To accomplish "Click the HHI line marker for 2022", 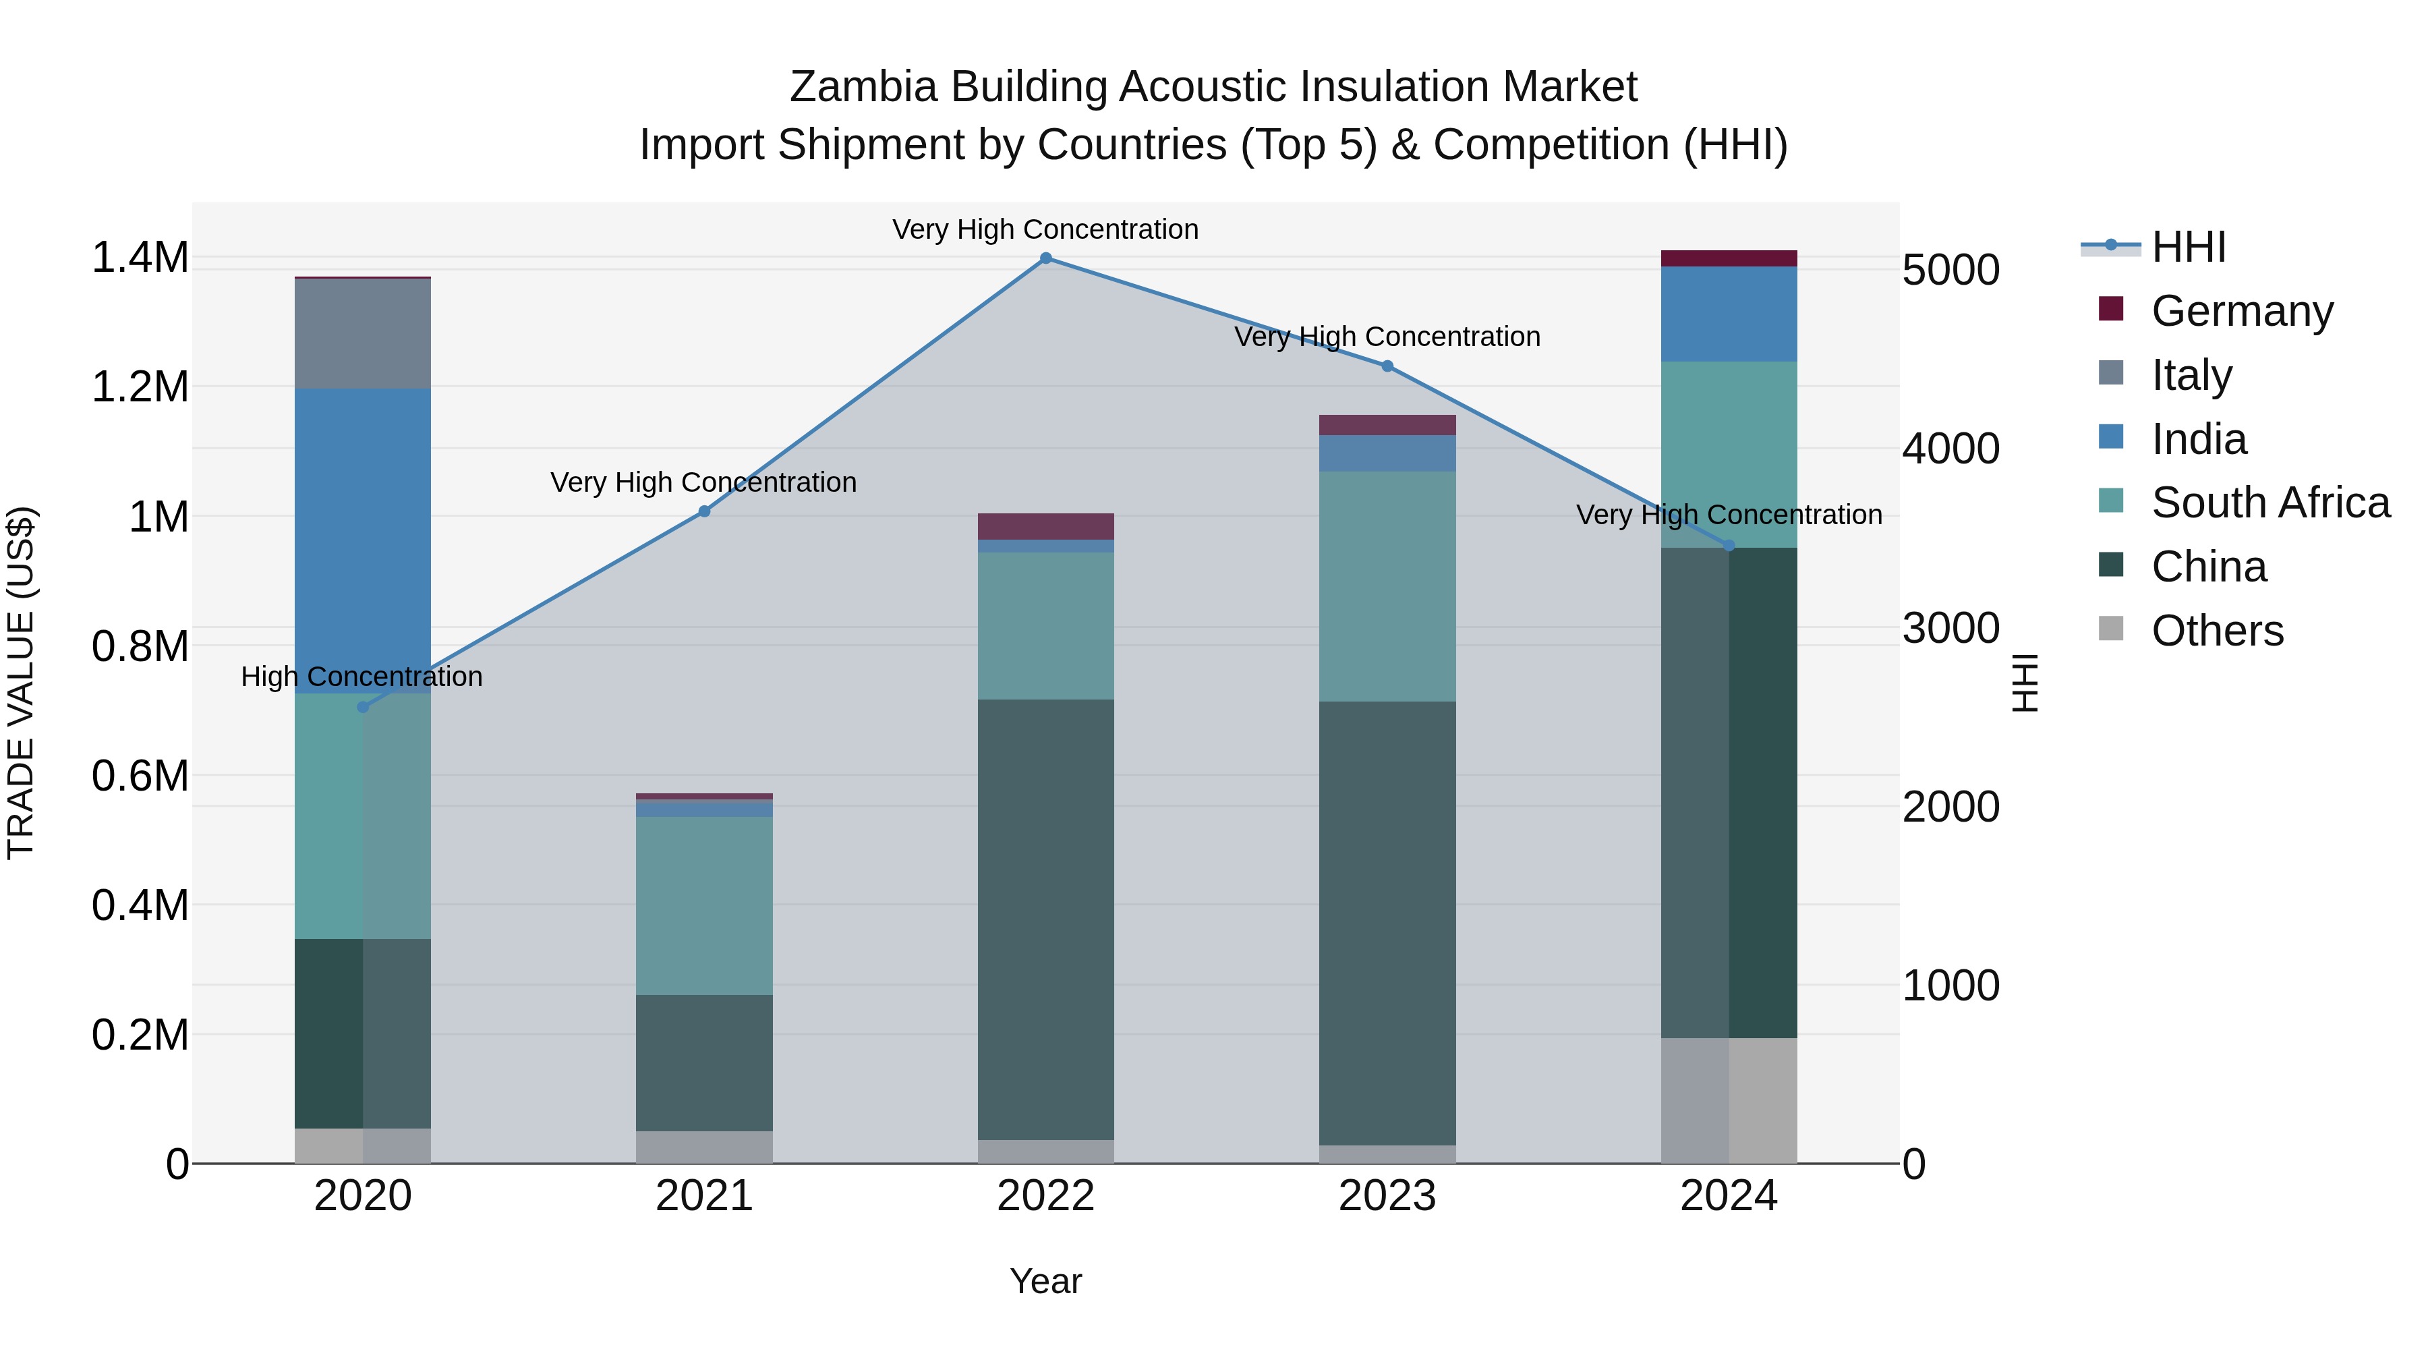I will [1045, 258].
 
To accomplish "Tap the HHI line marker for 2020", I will [363, 707].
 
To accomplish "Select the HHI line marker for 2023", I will [1387, 366].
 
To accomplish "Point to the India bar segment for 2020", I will [363, 540].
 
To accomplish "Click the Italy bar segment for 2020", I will [363, 334].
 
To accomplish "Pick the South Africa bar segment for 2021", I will [704, 905].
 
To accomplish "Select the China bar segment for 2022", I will [1045, 919].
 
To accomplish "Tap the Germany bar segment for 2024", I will [1729, 258].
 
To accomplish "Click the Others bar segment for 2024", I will [1729, 1100].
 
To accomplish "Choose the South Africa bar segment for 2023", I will [1387, 586].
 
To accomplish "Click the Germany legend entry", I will [2241, 311].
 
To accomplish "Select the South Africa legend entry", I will [2270, 503].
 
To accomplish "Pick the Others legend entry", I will [2217, 631].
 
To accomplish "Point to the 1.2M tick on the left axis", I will [140, 387].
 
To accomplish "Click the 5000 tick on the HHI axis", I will [1950, 271].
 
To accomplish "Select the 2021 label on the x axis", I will [704, 1196].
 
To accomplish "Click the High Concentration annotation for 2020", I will [362, 677].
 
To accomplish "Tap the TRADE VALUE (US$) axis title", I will [21, 683].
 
